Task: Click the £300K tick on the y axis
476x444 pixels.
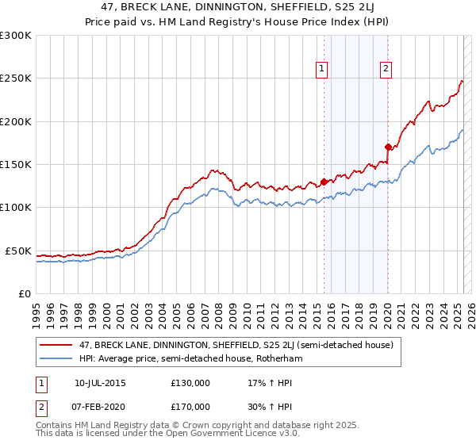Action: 16,36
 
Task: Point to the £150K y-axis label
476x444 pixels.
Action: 16,165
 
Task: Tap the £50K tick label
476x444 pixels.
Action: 18,251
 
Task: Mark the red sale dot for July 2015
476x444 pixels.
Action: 324,182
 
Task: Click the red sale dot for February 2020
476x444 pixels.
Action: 388,147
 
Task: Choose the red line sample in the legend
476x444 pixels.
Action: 56,346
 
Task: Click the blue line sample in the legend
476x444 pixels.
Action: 56,358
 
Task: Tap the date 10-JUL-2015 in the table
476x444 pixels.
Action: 100,383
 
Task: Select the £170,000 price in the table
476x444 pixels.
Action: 190,406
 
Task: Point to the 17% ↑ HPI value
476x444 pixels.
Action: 261,383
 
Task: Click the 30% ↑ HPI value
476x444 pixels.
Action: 261,406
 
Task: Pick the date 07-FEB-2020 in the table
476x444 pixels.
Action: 100,406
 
